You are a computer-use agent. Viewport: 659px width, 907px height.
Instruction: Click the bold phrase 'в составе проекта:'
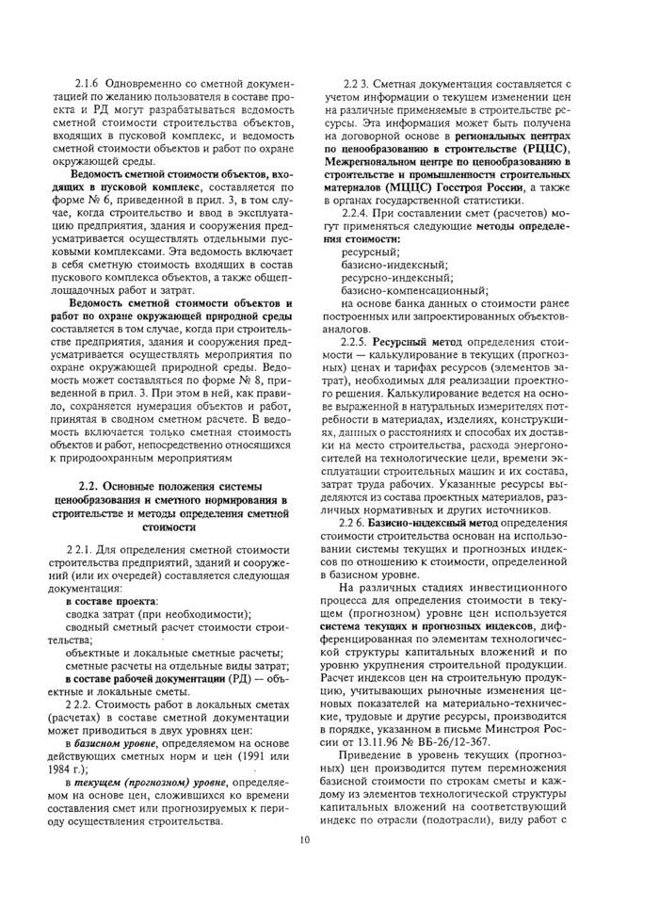(111, 600)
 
